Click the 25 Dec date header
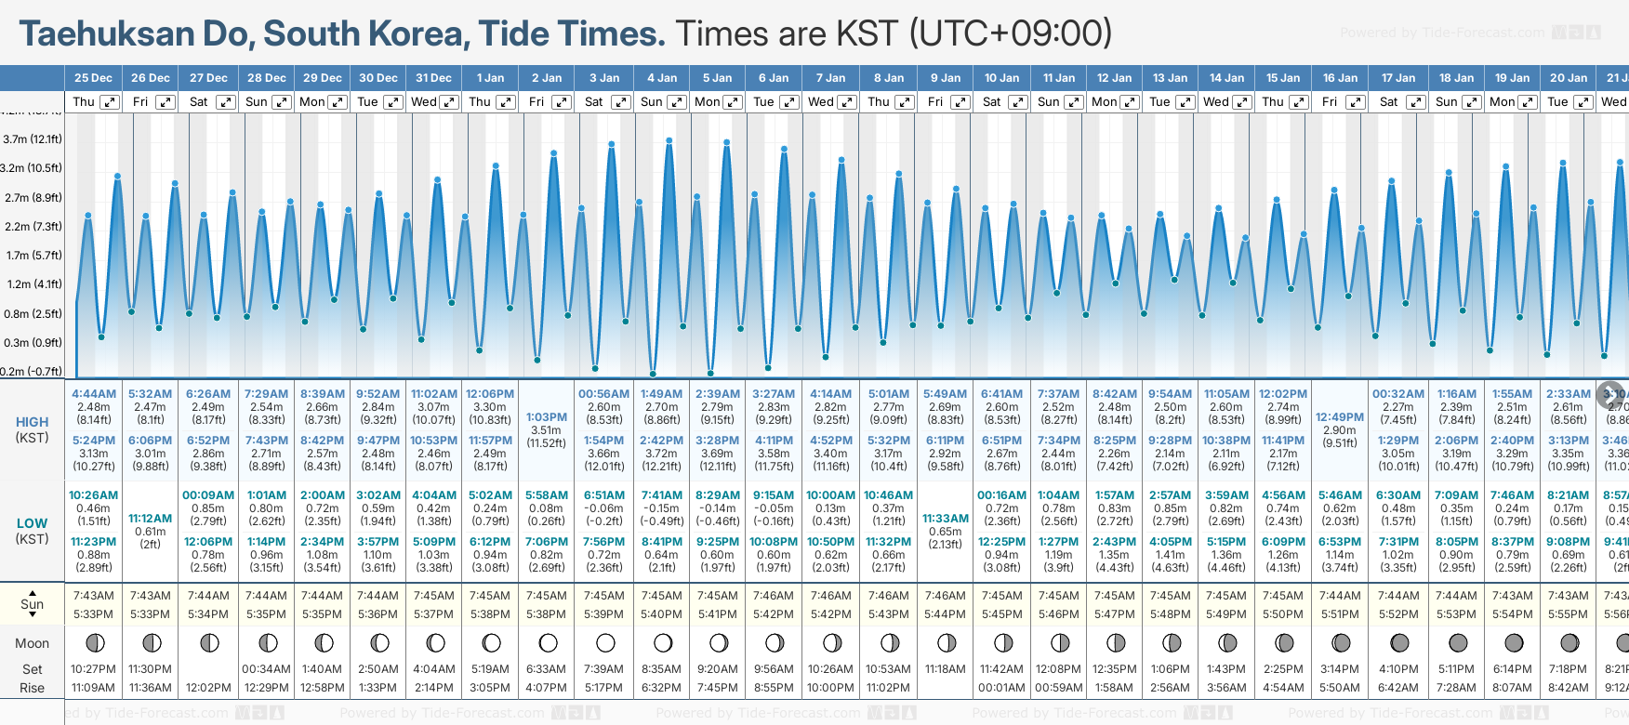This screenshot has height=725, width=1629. point(93,78)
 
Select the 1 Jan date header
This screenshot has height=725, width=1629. point(490,78)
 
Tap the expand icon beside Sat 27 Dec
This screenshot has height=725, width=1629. point(225,102)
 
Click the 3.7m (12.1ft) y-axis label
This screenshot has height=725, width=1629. point(33,139)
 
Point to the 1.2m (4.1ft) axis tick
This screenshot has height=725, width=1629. point(33,284)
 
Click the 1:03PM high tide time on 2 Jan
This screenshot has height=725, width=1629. point(547,417)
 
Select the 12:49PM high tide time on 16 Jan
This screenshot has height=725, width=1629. point(1340,417)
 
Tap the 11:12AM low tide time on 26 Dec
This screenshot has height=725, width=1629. point(150,519)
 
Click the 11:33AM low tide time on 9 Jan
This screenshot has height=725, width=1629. point(946,519)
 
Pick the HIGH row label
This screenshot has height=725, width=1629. point(32,422)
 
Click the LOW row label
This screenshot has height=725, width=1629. point(32,524)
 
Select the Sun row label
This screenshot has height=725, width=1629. point(32,604)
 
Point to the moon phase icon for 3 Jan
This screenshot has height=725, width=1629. point(605,642)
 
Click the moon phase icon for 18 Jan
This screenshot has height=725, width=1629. point(1457,642)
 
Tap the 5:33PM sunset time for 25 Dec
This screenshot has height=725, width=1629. point(93,614)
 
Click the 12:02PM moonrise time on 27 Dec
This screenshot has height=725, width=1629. point(208,688)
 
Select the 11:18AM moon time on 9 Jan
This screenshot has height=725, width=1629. point(946,669)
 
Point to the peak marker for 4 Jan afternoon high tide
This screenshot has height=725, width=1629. point(669,140)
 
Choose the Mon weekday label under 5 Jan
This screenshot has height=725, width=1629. point(708,102)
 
